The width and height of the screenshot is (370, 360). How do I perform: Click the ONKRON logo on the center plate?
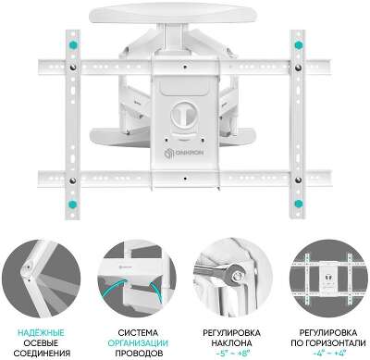tap(186, 154)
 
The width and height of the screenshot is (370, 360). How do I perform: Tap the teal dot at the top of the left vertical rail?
tap(73, 44)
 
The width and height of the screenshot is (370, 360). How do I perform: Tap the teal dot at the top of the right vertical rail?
tap(298, 45)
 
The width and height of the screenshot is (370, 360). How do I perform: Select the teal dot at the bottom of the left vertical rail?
tap(73, 204)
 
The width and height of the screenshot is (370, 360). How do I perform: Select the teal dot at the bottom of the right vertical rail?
tap(298, 204)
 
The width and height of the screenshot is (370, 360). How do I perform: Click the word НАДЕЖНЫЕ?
tap(42, 332)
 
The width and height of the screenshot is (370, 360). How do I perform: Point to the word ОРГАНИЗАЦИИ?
tap(138, 342)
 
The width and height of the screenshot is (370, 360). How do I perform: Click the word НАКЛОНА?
tap(231, 342)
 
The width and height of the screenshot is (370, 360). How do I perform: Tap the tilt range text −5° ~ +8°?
tap(231, 353)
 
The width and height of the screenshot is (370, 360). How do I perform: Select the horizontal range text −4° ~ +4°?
tap(328, 353)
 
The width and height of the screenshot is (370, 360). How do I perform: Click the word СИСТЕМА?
tap(138, 332)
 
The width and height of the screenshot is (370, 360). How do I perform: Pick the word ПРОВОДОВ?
tap(138, 353)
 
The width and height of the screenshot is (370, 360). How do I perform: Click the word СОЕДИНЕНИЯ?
tap(42, 353)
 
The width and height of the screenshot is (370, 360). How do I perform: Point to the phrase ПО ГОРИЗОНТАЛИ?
tap(328, 342)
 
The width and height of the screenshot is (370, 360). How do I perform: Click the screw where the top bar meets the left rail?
tap(73, 68)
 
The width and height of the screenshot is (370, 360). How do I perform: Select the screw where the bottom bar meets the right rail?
tap(298, 180)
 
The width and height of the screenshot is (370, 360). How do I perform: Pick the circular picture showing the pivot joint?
tap(42, 278)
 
